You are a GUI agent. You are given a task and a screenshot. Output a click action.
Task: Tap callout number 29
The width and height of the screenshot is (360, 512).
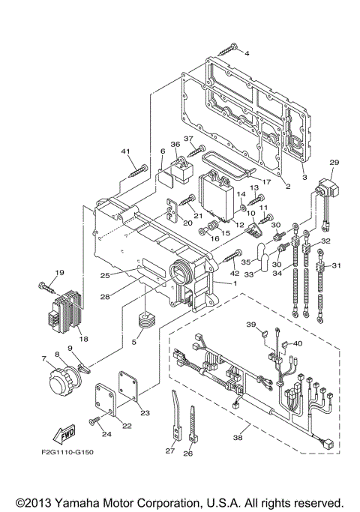click(x=334, y=163)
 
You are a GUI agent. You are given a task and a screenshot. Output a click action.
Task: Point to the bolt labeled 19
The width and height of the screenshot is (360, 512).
click(x=46, y=286)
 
